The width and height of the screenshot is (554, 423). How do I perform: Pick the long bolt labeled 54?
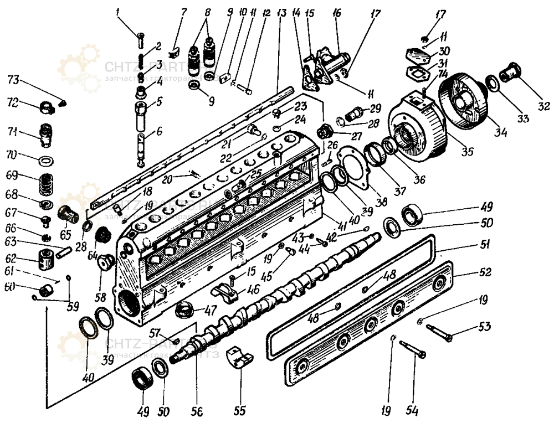411,348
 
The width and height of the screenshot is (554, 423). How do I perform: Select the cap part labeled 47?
185,310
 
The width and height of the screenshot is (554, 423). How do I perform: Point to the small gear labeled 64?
102,235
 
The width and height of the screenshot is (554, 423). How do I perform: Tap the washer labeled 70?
45,161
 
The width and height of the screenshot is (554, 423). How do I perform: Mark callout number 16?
337,12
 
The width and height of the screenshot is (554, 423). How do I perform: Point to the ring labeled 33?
492,84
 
